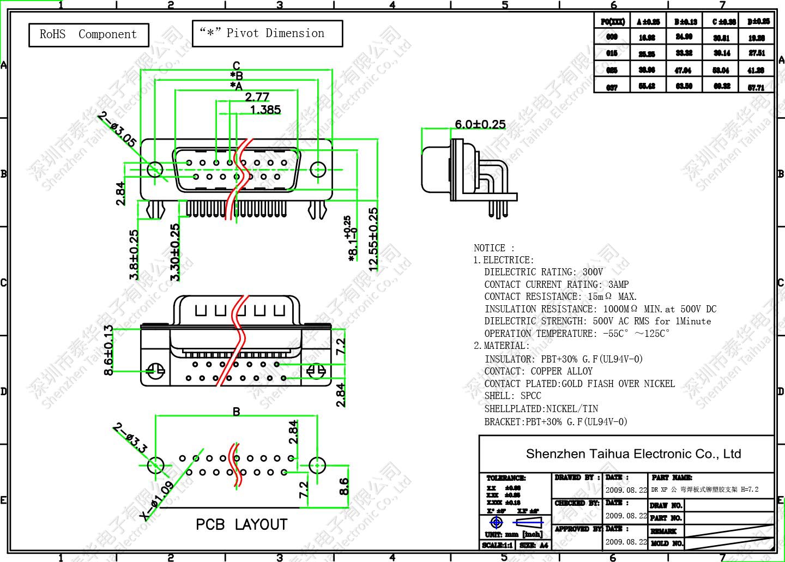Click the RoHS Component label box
[x=88, y=34]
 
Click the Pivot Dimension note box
[x=267, y=33]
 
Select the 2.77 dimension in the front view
[x=257, y=97]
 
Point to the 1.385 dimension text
[x=265, y=110]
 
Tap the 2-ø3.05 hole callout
[x=117, y=129]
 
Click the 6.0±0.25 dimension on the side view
[x=480, y=124]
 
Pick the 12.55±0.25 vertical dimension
[x=373, y=239]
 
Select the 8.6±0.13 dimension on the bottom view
[x=108, y=349]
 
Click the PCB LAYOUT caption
[x=241, y=524]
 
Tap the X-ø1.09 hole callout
[x=156, y=501]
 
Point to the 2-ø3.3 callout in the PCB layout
[x=130, y=438]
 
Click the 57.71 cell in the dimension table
[x=756, y=87]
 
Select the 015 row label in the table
[x=612, y=53]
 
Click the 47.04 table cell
[x=683, y=70]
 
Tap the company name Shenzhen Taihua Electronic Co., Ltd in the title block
[x=633, y=454]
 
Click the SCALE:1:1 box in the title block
[x=498, y=545]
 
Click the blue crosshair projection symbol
[x=497, y=522]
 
